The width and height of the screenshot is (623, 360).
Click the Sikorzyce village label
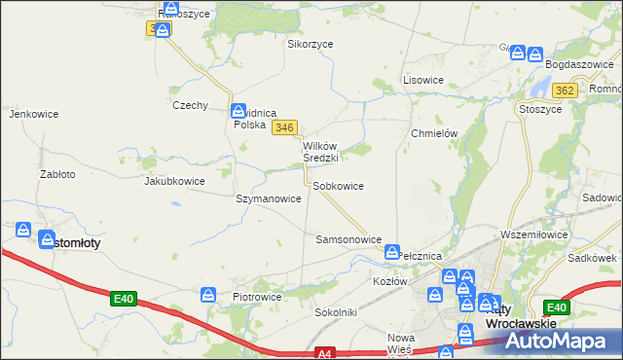(310, 44)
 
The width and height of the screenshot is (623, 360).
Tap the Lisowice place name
(423, 80)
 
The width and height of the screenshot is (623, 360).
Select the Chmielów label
(434, 134)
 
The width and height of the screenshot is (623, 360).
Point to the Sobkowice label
(338, 186)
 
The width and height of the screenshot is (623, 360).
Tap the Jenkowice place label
(34, 114)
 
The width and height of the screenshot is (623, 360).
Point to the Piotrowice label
(257, 297)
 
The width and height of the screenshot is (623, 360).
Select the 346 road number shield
(284, 127)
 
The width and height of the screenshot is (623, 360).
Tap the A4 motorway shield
(326, 353)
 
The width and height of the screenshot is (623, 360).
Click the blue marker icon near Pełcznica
(392, 252)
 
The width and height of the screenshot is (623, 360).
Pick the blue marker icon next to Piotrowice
(208, 294)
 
